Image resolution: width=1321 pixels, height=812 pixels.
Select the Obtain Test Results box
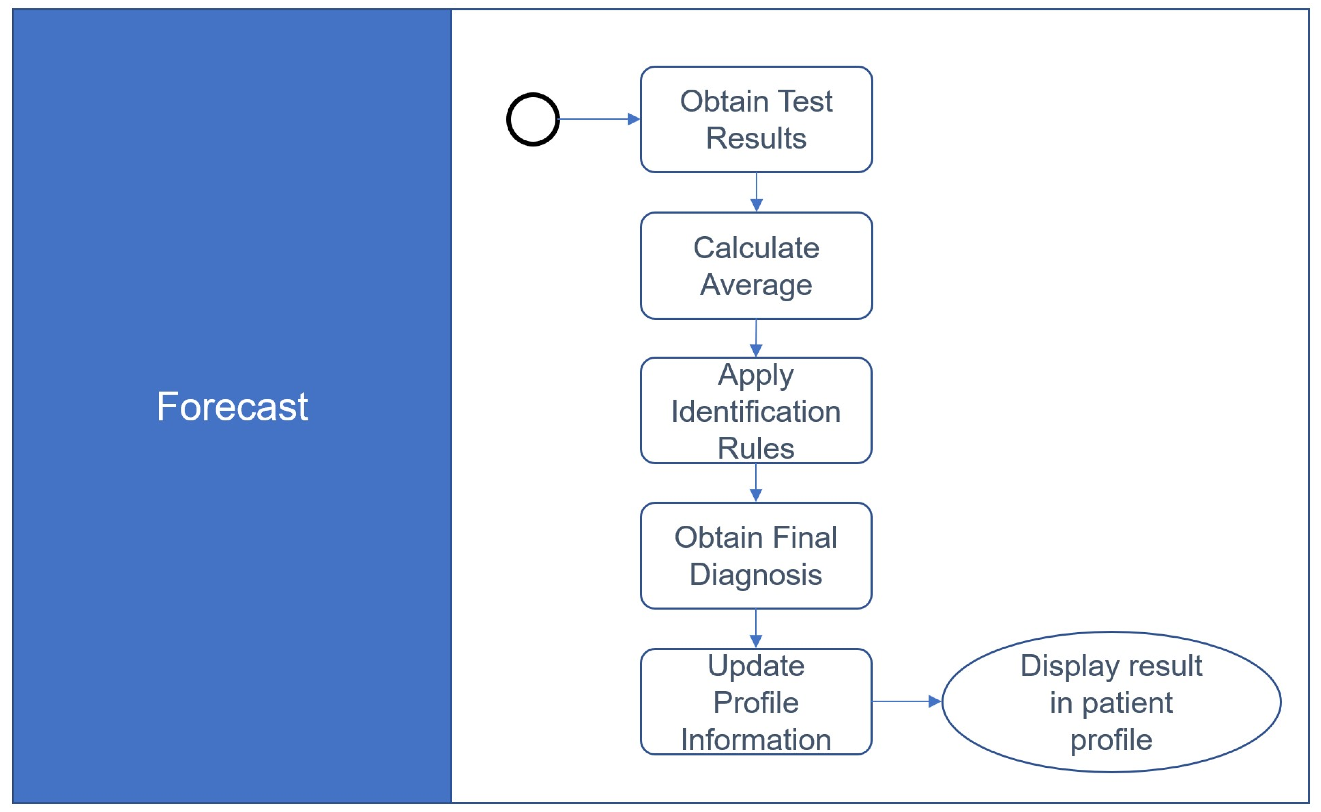coord(756,119)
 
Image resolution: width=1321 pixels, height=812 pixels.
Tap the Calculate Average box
coord(756,266)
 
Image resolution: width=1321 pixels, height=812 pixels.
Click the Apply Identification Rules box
coord(756,411)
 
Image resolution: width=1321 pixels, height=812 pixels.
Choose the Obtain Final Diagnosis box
coord(756,556)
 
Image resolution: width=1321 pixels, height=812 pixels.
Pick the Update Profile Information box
coord(756,702)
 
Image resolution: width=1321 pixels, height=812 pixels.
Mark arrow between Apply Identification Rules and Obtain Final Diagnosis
coord(756,483)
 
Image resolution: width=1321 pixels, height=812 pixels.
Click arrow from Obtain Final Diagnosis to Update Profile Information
coord(756,629)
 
